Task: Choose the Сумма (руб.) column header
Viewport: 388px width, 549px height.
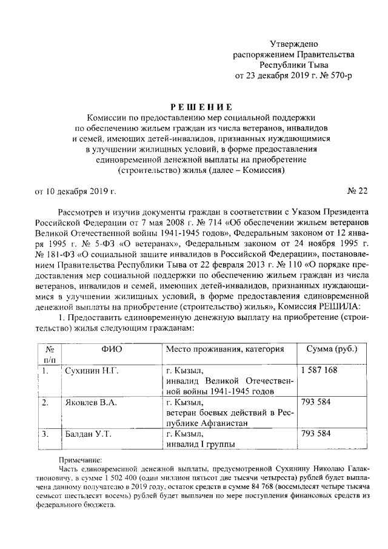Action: (332, 349)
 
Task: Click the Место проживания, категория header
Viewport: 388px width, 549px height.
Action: (225, 349)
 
